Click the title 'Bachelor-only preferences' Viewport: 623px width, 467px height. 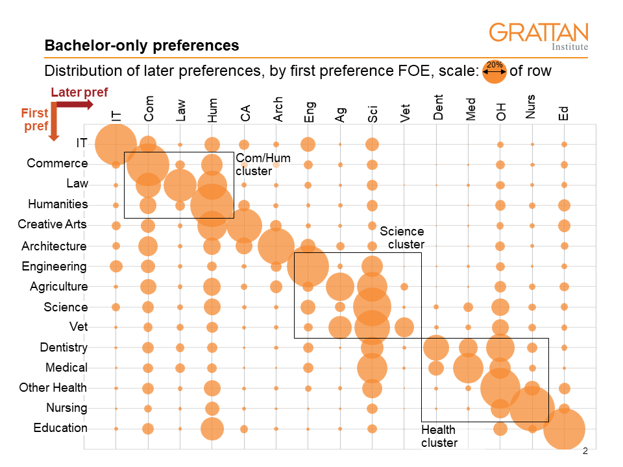pyautogui.click(x=141, y=46)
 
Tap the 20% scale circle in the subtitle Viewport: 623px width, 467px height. pyautogui.click(x=495, y=72)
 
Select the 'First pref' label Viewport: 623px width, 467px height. pyautogui.click(x=35, y=120)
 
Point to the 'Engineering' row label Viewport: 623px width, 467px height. pyautogui.click(x=54, y=267)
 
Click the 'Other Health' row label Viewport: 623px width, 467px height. pyautogui.click(x=53, y=388)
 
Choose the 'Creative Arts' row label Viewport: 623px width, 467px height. pyautogui.click(x=52, y=224)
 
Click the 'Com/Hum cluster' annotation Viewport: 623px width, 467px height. pyautogui.click(x=263, y=165)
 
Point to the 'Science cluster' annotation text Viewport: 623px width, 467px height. pyautogui.click(x=402, y=237)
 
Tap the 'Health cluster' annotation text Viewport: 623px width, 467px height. pyautogui.click(x=439, y=436)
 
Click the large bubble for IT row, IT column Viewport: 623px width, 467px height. pyautogui.click(x=116, y=144)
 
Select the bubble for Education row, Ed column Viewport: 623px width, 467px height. pyautogui.click(x=564, y=429)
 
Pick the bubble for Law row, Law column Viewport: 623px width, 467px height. pyautogui.click(x=180, y=185)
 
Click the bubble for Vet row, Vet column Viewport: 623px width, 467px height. pyautogui.click(x=404, y=327)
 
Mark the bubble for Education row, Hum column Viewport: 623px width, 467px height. pyautogui.click(x=212, y=429)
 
